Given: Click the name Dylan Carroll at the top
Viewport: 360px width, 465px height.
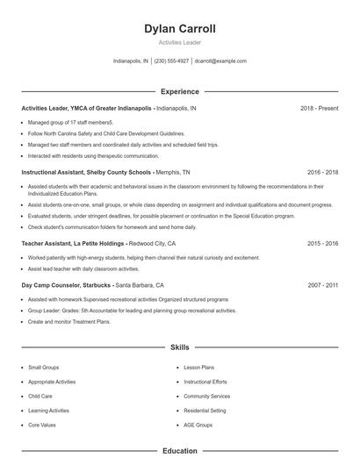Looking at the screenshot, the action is click(180, 29).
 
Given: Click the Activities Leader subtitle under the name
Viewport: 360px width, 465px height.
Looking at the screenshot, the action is click(180, 42).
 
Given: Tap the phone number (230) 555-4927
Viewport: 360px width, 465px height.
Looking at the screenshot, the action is click(171, 61).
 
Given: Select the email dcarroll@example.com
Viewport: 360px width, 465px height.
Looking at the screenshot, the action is click(220, 61).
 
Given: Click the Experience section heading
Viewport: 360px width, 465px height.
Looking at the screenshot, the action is click(180, 91).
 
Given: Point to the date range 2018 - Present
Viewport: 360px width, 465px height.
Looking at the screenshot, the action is click(319, 108).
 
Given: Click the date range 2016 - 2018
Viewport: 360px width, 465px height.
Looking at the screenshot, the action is click(322, 173).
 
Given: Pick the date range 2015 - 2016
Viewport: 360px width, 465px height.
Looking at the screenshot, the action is click(322, 243).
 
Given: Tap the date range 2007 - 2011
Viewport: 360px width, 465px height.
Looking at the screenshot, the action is click(322, 285).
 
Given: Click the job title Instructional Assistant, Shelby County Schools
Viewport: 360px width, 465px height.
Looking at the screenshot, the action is click(86, 173).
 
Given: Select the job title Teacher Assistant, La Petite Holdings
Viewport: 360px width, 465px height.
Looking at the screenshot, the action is click(73, 243).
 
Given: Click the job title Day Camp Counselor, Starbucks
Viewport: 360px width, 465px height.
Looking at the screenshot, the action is click(67, 285).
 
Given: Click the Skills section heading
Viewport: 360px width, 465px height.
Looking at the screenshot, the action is click(180, 348).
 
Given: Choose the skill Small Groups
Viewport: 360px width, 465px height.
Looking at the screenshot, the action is click(44, 368).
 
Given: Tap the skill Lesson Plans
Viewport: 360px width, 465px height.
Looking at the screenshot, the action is click(198, 368).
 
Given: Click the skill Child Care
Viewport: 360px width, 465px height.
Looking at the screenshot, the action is click(40, 396).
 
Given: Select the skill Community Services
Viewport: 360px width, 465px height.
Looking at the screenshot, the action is click(207, 396).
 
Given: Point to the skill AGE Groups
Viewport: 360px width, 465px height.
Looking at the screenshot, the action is click(198, 425).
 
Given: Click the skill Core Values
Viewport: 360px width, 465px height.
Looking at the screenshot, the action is click(42, 425).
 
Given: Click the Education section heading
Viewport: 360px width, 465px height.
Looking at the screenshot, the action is click(180, 451).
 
